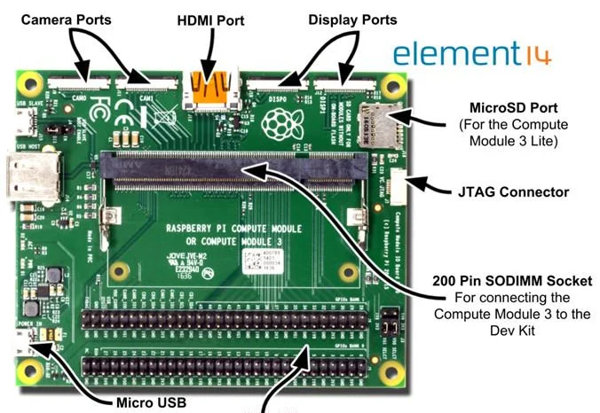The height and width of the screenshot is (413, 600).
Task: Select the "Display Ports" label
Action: click(x=351, y=19)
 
